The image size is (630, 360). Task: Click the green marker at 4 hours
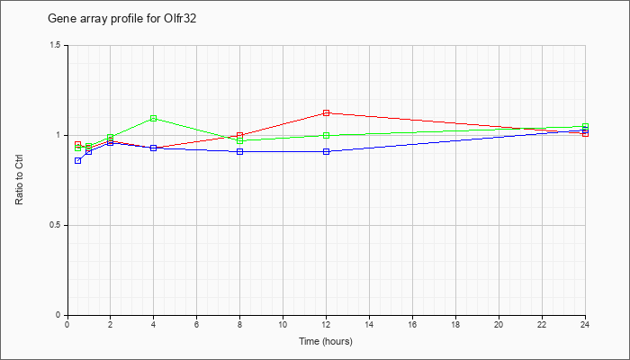[x=154, y=119]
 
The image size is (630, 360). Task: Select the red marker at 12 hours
[x=326, y=112]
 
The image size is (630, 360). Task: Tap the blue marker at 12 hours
[x=326, y=151]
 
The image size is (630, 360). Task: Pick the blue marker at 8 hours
[x=240, y=151]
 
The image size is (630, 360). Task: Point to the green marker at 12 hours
[x=326, y=135]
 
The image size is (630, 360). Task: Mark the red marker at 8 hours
[x=240, y=135]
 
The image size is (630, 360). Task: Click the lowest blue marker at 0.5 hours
[x=78, y=161]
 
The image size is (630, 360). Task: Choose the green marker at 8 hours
[x=240, y=140]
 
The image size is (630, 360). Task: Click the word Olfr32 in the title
[x=181, y=19]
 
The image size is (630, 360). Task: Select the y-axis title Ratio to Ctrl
[x=19, y=179]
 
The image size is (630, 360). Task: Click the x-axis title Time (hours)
[x=326, y=341]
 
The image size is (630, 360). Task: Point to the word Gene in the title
[x=58, y=19]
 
